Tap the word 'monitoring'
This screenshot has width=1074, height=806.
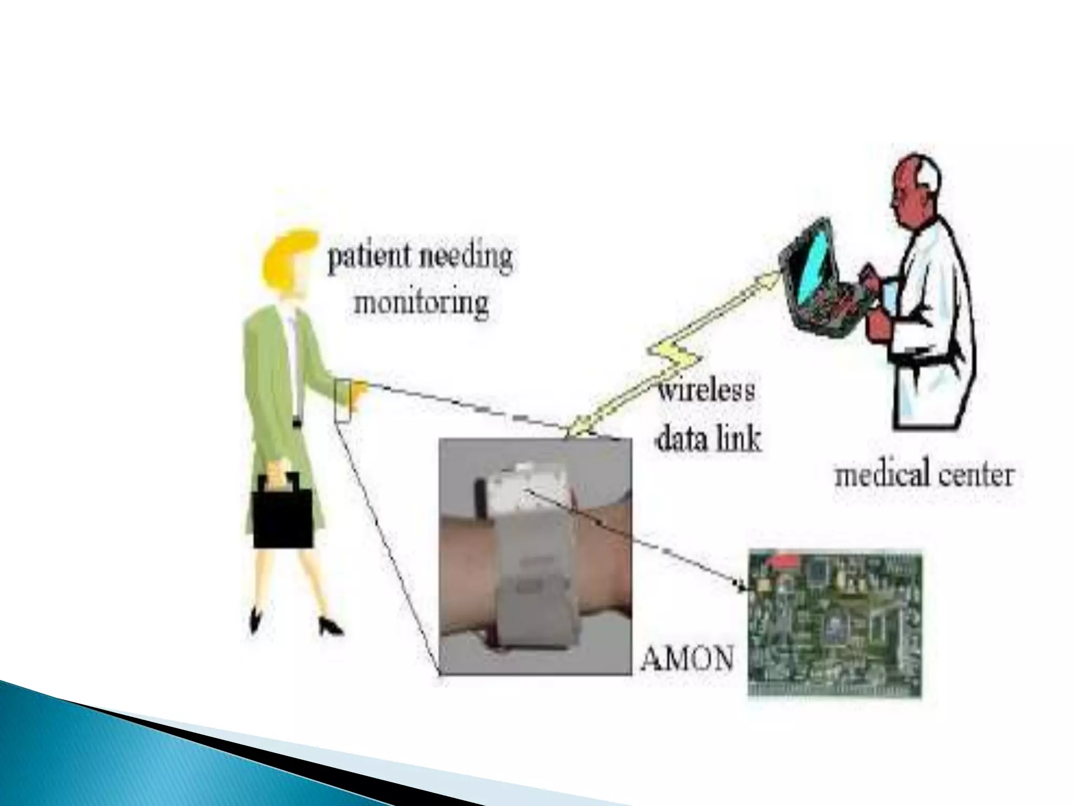click(x=422, y=303)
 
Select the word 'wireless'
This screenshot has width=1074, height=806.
click(x=706, y=391)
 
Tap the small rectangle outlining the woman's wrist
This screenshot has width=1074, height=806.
click(x=342, y=401)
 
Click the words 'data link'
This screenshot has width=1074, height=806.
click(x=708, y=438)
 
